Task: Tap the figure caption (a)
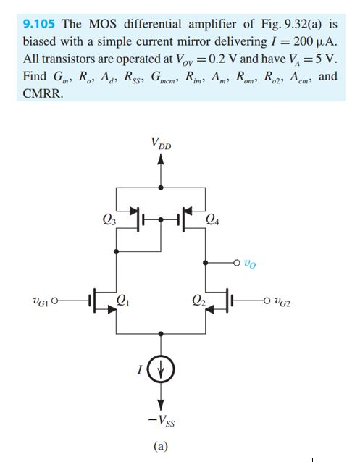(x=161, y=446)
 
